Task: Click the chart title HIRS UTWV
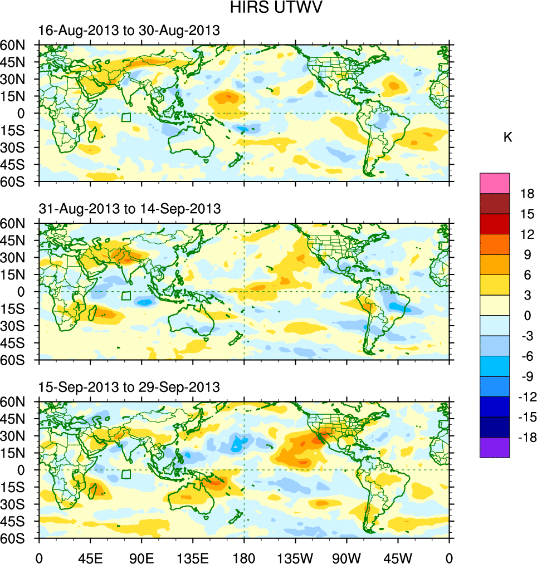pos(269,8)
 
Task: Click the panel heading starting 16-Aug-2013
pos(129,31)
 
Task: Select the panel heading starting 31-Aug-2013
pos(130,209)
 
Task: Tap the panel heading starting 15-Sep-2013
pos(129,387)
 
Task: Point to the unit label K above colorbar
pos(507,138)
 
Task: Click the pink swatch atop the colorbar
pos(495,183)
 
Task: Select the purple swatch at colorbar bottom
pos(495,447)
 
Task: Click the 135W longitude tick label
pos(295,557)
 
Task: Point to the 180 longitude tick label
pos(244,557)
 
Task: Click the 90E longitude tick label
pos(141,557)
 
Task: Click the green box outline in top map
pos(126,117)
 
